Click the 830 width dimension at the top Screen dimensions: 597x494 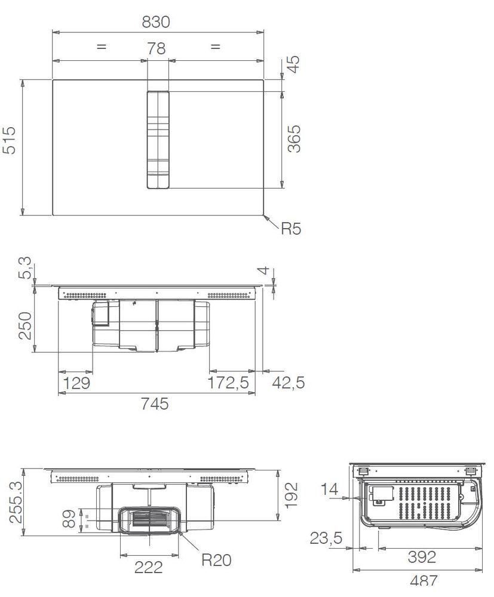156,22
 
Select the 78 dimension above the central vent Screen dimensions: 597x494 157,49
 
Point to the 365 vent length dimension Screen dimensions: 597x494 294,139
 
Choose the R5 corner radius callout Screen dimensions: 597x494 291,229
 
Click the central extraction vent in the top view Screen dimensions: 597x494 158,140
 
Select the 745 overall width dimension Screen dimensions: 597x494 156,404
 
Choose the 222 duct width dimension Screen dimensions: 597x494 149,567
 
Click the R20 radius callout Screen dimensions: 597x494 216,560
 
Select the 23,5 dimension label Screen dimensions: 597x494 326,538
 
